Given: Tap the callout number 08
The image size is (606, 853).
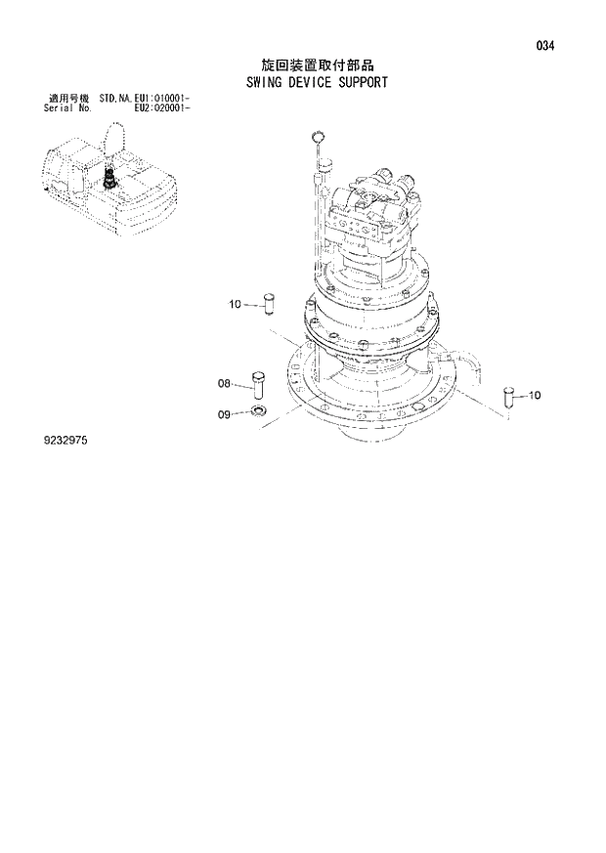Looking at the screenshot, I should (x=224, y=384).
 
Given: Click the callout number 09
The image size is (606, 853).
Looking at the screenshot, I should (x=224, y=415).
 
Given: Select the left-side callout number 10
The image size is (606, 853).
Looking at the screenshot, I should (x=235, y=305).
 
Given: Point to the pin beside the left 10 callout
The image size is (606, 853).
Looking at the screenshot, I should (x=271, y=303).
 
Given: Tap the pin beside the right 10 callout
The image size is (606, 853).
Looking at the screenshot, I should (x=507, y=396).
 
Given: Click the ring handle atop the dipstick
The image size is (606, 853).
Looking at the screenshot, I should (x=317, y=137).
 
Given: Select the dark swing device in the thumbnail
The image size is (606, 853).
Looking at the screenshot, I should (x=110, y=177).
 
